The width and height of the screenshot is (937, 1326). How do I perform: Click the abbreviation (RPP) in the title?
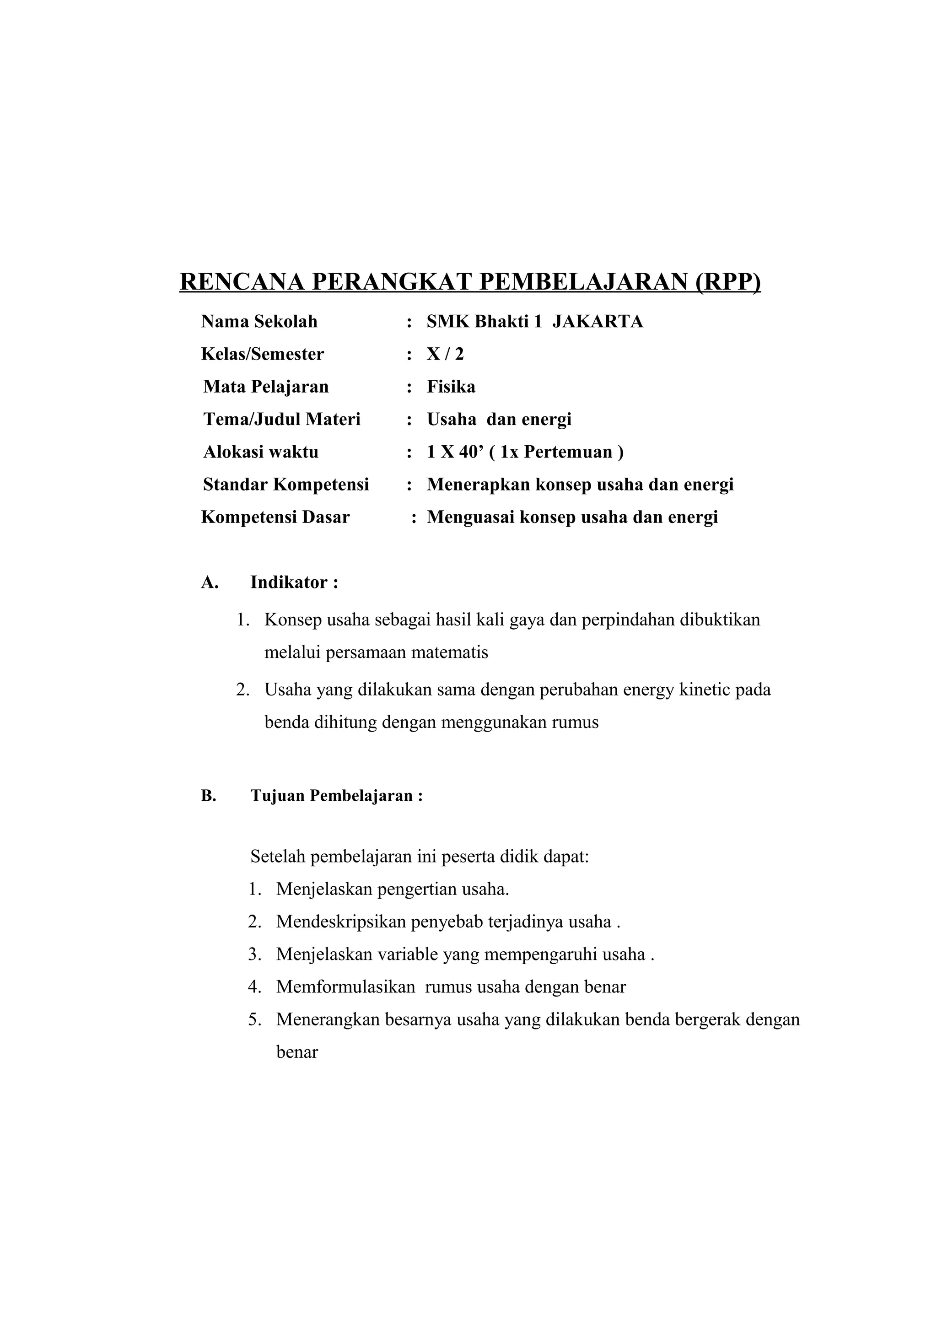(727, 282)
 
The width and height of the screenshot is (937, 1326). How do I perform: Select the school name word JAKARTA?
(598, 322)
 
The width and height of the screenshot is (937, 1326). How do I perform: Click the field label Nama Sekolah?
(259, 322)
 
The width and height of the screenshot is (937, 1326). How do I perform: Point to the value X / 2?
(445, 354)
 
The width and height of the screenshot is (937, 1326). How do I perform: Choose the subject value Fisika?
(451, 387)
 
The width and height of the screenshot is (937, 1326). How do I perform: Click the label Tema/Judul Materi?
(282, 419)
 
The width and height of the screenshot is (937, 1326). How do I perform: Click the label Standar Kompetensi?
(286, 485)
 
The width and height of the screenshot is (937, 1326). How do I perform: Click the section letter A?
(209, 583)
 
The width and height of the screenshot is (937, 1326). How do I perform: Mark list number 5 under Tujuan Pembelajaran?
(254, 1019)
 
